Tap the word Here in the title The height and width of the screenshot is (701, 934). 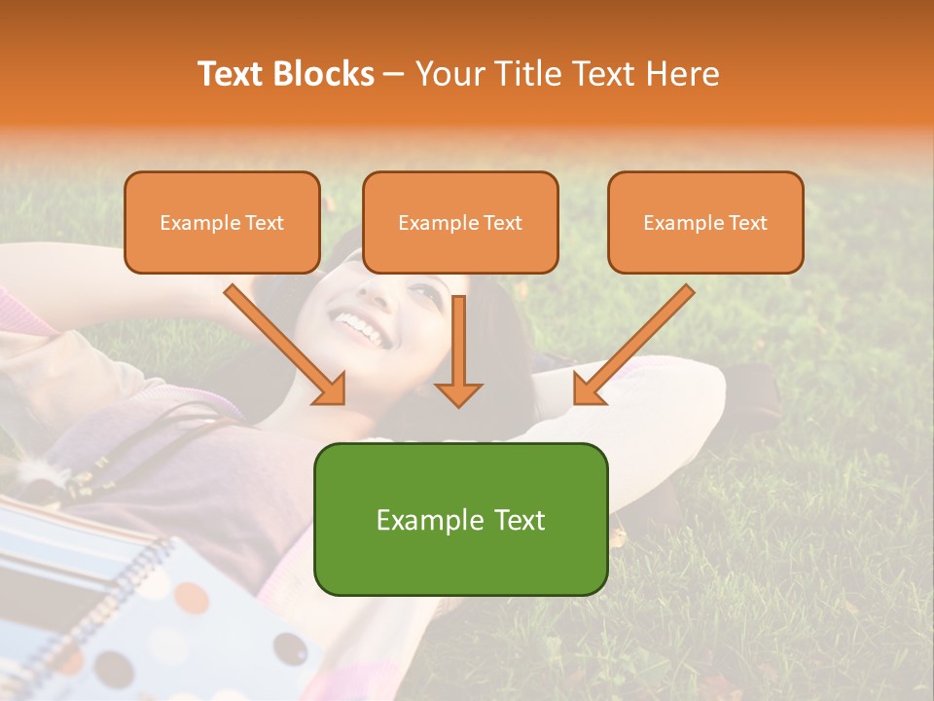coord(682,74)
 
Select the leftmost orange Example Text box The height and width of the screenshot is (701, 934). coord(222,222)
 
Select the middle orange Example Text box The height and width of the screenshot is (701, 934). coord(460,222)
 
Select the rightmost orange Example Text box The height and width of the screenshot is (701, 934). coord(705,222)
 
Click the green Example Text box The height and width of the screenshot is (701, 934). coord(460,519)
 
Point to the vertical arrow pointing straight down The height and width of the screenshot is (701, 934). coord(458,350)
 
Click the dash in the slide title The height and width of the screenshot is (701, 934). coord(394,74)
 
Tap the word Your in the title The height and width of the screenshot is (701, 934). coord(450,74)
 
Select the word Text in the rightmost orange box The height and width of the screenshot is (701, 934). coord(747,223)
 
